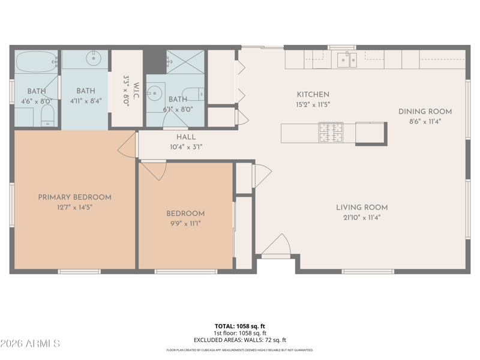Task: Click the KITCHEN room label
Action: (313, 95)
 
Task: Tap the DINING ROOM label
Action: (425, 112)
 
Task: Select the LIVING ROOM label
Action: (362, 207)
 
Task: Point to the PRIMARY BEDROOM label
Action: (74, 197)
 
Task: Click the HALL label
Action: (186, 137)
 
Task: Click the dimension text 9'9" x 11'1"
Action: (185, 223)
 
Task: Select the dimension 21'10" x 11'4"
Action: (362, 218)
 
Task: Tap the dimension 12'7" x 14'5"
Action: (74, 207)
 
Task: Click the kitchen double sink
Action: (347, 59)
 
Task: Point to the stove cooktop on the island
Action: (331, 133)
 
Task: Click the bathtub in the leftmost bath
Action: (37, 62)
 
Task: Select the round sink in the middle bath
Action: (94, 58)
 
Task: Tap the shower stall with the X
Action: (185, 62)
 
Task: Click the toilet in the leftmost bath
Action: (47, 115)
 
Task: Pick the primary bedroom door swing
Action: (127, 145)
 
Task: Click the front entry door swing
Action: (276, 244)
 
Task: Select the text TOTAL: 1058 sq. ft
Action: (239, 326)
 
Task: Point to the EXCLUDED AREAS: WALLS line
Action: (239, 340)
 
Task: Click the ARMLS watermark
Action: (30, 343)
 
